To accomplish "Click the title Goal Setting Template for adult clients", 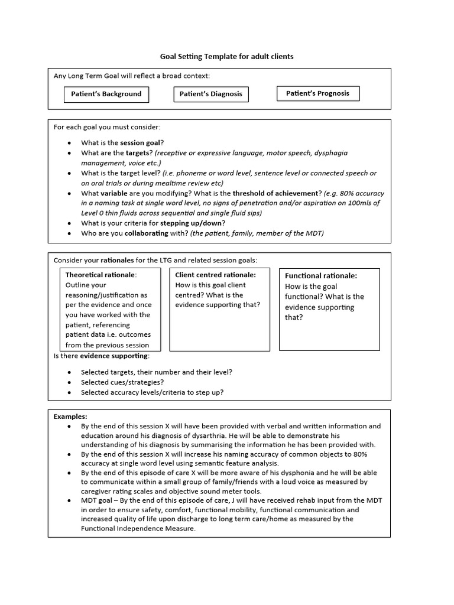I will (x=226, y=57).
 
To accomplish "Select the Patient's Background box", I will (x=106, y=94).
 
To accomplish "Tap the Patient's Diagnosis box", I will (x=211, y=94).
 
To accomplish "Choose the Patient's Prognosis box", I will (x=317, y=93).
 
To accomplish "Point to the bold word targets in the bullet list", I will (x=137, y=153).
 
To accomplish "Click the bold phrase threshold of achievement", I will (x=275, y=193).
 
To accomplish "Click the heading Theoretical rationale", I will (x=100, y=275).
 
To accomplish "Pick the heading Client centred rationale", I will (x=215, y=275).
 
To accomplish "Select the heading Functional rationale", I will (x=321, y=276).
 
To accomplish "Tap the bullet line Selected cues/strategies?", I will (x=122, y=382).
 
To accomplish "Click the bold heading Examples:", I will (x=70, y=417).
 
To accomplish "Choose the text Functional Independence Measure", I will (x=137, y=529).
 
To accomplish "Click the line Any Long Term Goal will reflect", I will (x=131, y=76).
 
